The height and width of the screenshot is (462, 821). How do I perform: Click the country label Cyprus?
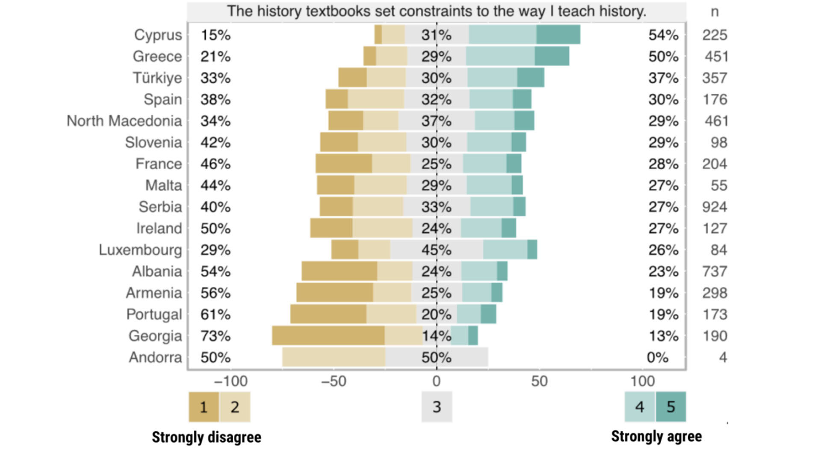click(x=158, y=35)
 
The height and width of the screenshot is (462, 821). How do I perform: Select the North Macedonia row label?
click(x=124, y=121)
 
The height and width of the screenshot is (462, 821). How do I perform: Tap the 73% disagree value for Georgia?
click(x=216, y=336)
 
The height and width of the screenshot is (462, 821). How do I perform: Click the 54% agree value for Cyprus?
click(x=663, y=35)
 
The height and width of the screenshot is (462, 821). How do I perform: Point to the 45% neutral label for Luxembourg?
click(x=436, y=250)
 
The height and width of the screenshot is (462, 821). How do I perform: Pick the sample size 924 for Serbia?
click(x=715, y=207)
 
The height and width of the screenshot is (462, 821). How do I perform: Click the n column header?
click(x=715, y=12)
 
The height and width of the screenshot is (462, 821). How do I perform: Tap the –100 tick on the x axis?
click(x=231, y=381)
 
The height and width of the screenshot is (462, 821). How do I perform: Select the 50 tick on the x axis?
click(x=539, y=381)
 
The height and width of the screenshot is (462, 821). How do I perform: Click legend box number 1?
click(x=204, y=407)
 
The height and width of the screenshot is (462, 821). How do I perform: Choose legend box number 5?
click(x=670, y=407)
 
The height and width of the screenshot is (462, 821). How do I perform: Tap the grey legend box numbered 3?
click(x=437, y=407)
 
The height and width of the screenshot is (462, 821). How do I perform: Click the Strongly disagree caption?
click(x=207, y=437)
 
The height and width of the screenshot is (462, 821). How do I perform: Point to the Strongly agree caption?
click(x=656, y=436)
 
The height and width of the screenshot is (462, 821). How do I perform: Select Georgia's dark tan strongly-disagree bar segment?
click(x=328, y=336)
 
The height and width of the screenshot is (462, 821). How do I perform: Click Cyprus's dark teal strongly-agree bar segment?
click(x=558, y=35)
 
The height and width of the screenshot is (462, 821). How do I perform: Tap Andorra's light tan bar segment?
click(x=334, y=357)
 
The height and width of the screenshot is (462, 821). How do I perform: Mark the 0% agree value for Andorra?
click(x=657, y=358)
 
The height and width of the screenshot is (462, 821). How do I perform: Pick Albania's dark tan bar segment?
click(x=339, y=271)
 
